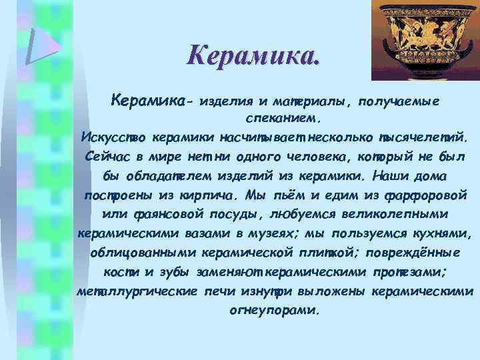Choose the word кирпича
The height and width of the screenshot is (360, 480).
tap(206, 197)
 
